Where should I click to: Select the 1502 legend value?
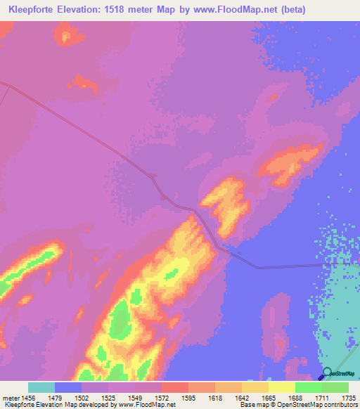point(96,397)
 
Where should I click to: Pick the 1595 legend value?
point(202,397)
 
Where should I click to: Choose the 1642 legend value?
point(256,397)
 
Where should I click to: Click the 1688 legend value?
point(309,397)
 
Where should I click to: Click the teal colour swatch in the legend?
point(41,387)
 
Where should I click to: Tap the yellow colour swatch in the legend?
point(282,387)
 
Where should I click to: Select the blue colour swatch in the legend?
point(68,387)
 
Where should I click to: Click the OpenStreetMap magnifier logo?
point(327,374)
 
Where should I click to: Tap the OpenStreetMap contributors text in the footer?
point(330,405)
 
